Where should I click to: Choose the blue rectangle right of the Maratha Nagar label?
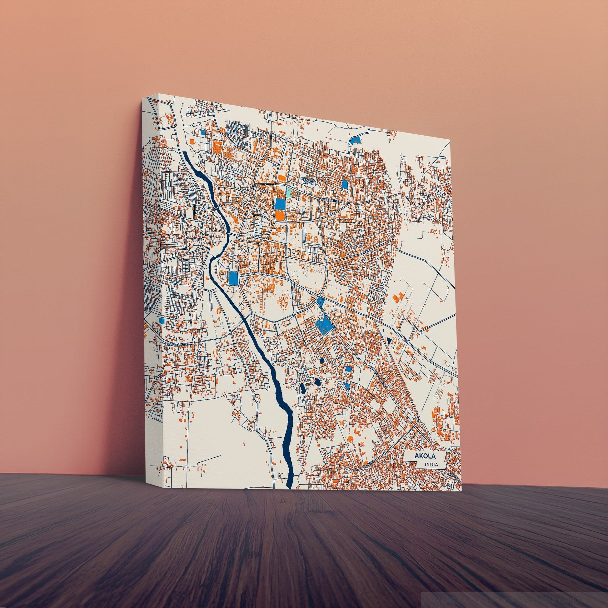point(345,184)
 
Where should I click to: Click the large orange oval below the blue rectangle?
point(279,215)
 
